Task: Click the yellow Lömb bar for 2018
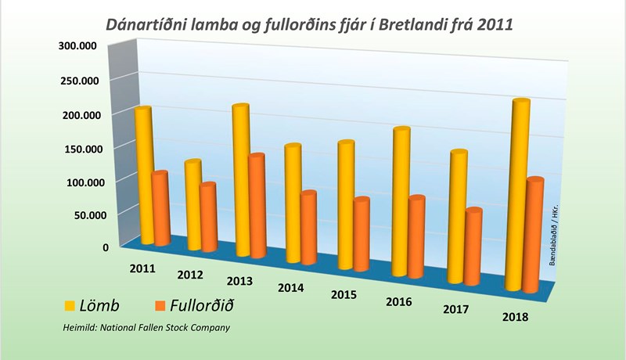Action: point(517,196)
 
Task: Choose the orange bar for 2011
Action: point(160,208)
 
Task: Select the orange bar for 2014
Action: point(308,228)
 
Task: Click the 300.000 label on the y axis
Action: point(77,46)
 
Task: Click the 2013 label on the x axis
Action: point(239,281)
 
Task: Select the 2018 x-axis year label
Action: point(515,316)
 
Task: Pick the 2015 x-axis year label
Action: point(344,295)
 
